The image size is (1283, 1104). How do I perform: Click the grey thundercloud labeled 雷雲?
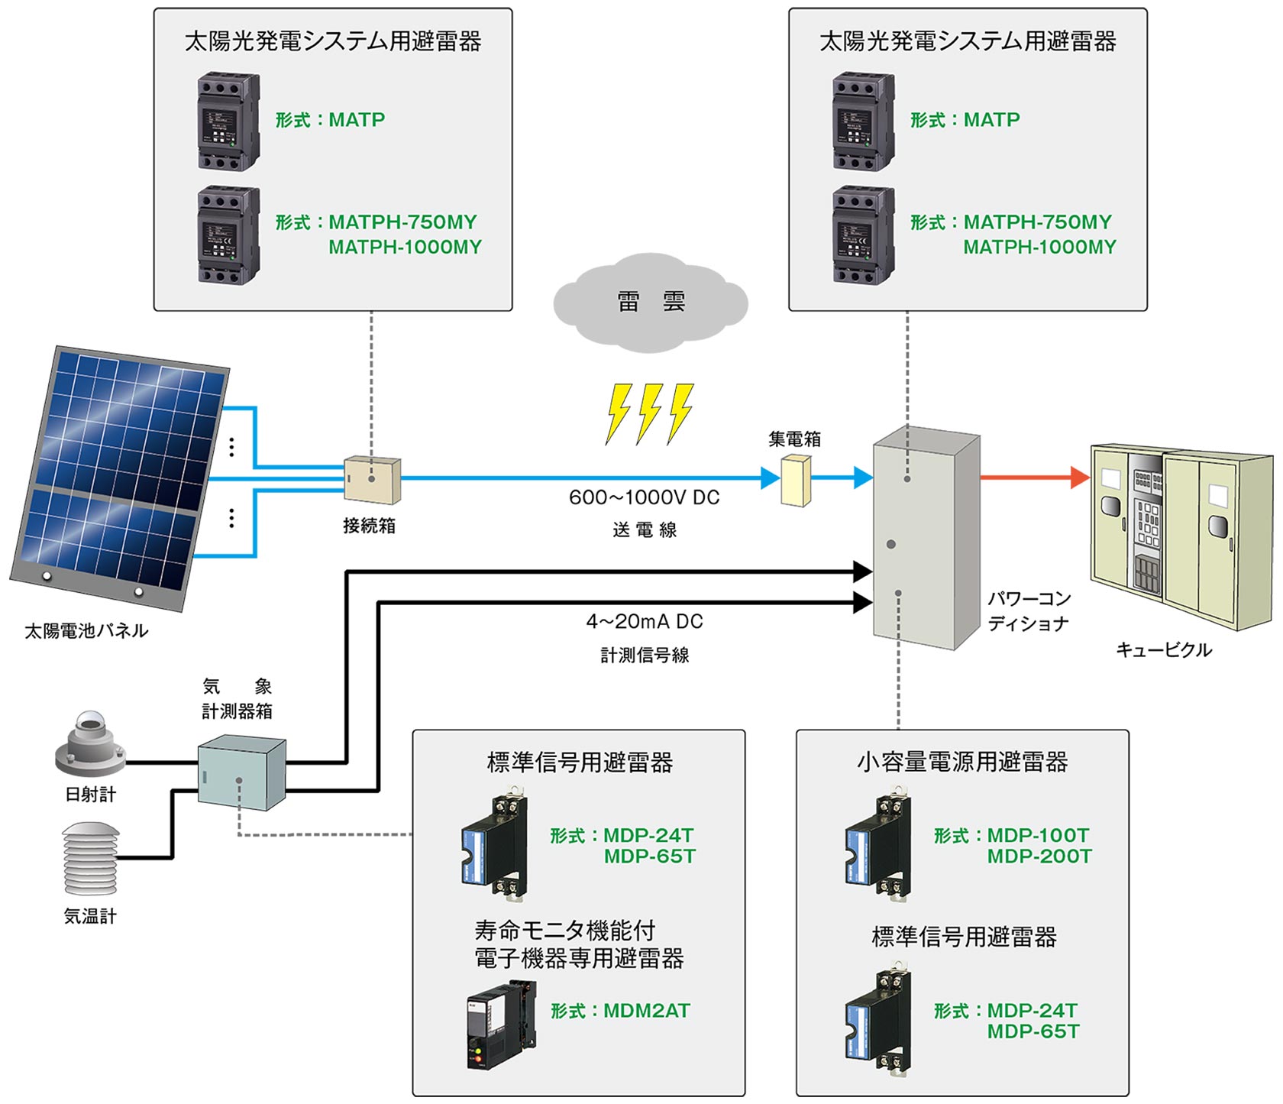pyautogui.click(x=650, y=303)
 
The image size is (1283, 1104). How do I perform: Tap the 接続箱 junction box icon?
pyautogui.click(x=372, y=480)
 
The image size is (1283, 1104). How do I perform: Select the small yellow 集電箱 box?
pyautogui.click(x=796, y=481)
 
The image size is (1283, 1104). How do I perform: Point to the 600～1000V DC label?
pyautogui.click(x=644, y=497)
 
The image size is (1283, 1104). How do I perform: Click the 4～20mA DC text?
pyautogui.click(x=644, y=622)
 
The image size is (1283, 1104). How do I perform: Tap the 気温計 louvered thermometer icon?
pyautogui.click(x=90, y=859)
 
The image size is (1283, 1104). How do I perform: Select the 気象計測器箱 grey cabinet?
pyautogui.click(x=241, y=772)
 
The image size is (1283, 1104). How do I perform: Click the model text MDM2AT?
pyautogui.click(x=646, y=1011)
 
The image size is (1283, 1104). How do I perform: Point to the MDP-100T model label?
pyautogui.click(x=1038, y=835)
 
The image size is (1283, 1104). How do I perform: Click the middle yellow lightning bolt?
pyautogui.click(x=649, y=413)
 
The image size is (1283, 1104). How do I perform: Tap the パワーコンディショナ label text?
pyautogui.click(x=1029, y=611)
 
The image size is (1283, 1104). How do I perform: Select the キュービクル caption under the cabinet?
pyautogui.click(x=1164, y=650)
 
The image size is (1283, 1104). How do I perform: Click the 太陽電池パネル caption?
pyautogui.click(x=86, y=631)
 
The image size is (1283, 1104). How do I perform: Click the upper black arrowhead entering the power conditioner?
pyautogui.click(x=862, y=571)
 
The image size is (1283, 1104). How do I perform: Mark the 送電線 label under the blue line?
pyautogui.click(x=644, y=530)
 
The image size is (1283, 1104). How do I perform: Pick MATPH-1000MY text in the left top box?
pyautogui.click(x=405, y=248)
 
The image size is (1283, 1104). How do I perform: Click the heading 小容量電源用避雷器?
pyautogui.click(x=962, y=762)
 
